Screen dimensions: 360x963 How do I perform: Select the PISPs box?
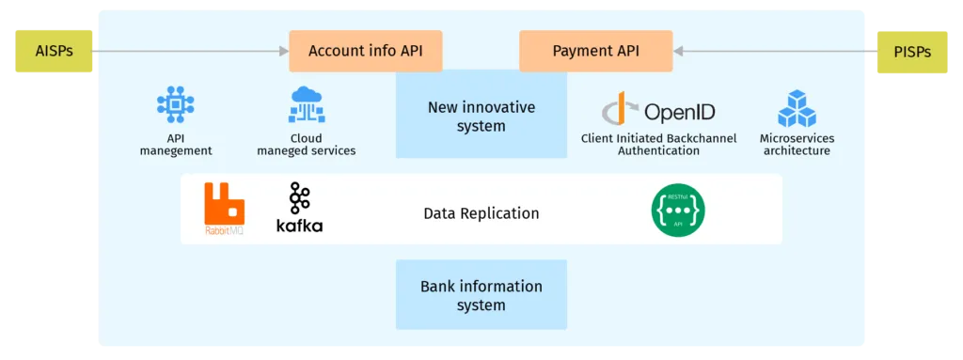tap(912, 51)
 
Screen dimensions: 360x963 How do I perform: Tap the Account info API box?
tap(365, 51)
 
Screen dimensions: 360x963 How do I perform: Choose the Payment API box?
tap(595, 51)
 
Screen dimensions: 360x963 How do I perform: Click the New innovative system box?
tap(481, 117)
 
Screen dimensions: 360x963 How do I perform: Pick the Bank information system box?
tap(481, 295)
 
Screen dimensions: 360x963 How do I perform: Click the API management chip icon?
tap(175, 105)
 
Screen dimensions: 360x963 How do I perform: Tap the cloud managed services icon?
tap(307, 105)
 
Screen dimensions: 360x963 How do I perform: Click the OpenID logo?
tap(658, 111)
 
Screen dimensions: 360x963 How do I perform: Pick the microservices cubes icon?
tap(797, 109)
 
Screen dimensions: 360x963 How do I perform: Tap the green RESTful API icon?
tap(678, 210)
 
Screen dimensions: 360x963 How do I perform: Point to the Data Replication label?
tap(481, 213)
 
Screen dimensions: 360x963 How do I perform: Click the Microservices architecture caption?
tap(797, 145)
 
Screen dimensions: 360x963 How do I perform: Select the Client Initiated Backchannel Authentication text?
tap(658, 145)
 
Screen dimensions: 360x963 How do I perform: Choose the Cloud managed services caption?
tap(307, 145)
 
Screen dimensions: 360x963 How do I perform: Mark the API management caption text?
tap(176, 145)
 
